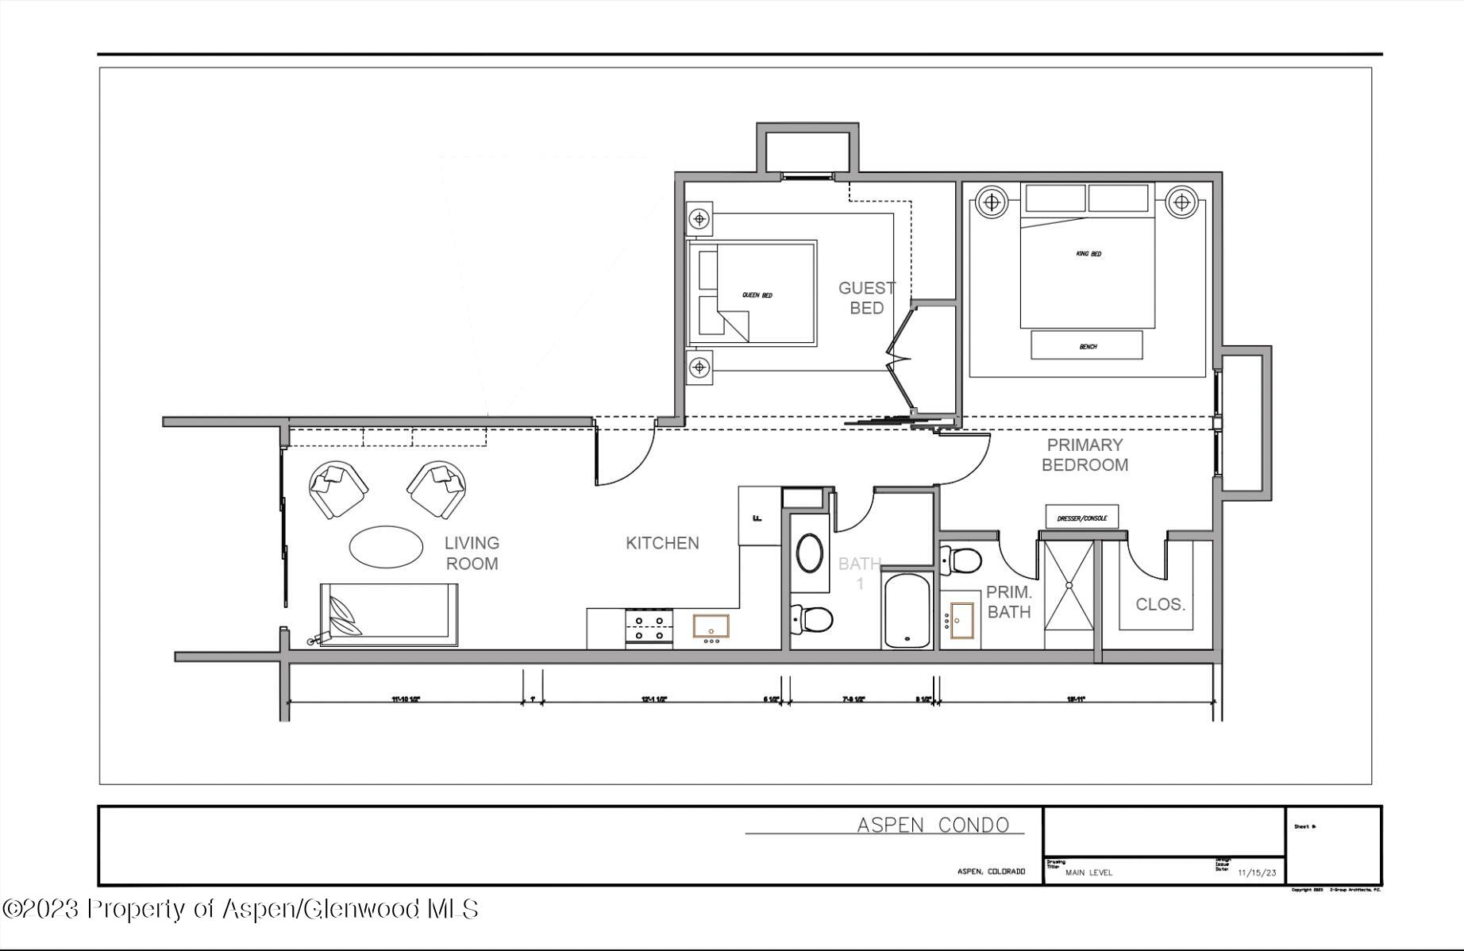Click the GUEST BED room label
866,298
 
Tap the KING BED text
1088,254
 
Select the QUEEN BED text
757,295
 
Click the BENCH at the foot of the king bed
1087,345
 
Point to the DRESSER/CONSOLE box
1081,518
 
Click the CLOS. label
1160,604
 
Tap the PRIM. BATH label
1008,602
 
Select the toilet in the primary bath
961,560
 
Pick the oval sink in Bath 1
809,553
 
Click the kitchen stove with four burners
649,629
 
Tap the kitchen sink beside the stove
711,627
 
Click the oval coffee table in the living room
386,547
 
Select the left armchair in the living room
338,489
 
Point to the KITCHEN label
662,543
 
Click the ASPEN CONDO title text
932,825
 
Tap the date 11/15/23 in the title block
1257,872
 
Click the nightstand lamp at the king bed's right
1181,202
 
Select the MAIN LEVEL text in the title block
1088,872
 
